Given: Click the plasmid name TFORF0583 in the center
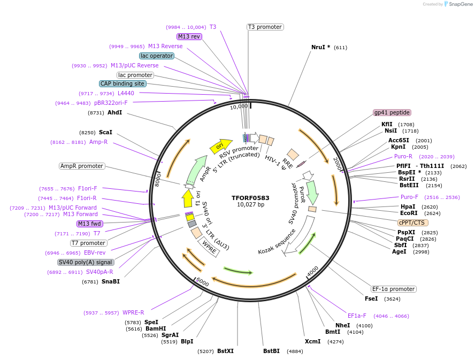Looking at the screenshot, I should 250,197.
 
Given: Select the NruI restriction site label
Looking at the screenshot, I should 320,47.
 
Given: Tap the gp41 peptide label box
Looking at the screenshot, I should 392,112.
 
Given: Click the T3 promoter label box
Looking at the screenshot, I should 265,27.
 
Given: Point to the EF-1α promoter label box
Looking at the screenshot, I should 394,289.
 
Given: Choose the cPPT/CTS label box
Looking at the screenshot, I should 412,222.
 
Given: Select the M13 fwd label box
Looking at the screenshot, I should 89,224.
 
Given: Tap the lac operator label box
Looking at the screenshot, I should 156,56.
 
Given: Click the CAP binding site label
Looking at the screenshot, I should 122,83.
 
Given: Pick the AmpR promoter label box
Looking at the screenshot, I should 82,166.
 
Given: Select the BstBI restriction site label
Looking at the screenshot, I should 271,351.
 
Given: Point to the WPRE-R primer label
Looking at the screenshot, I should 133,312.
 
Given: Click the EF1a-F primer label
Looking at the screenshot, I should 357,316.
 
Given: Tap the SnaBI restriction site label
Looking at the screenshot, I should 110,281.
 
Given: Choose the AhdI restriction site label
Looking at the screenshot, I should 114,112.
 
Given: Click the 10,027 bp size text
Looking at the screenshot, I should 250,204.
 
